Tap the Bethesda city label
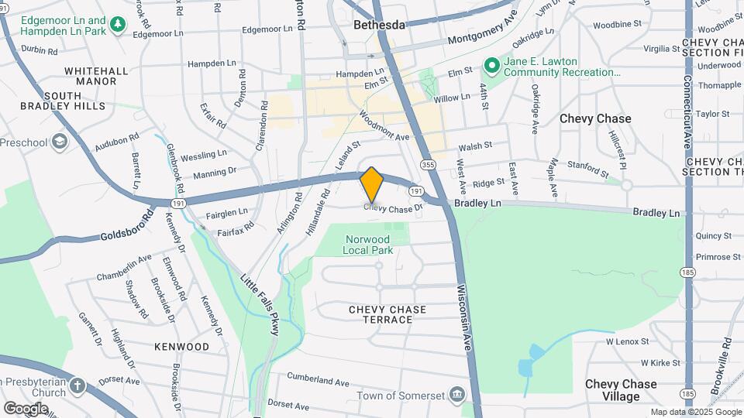point(379,25)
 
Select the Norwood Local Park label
point(369,245)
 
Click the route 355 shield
point(428,164)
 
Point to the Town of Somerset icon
point(457,396)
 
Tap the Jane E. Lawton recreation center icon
point(491,65)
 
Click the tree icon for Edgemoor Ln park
point(118,26)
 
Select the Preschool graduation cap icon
point(60,142)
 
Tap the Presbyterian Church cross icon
point(77,385)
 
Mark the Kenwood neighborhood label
point(181,346)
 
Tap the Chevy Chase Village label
point(621,390)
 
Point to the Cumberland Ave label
point(319,380)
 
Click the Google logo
point(26,408)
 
